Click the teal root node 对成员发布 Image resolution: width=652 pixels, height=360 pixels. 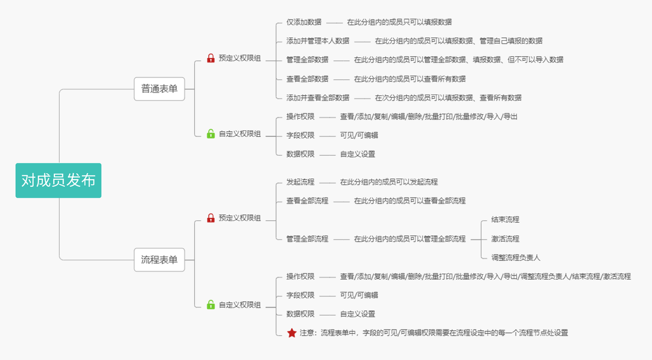coord(59,180)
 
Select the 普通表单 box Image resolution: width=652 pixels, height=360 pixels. coord(159,89)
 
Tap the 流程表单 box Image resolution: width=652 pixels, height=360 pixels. coord(159,260)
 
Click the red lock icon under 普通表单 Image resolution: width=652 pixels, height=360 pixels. coord(211,58)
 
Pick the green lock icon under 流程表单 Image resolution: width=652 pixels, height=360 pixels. coord(211,305)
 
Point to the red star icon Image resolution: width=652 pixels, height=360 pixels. coord(292,333)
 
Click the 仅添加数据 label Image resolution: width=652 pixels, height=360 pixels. coord(304,22)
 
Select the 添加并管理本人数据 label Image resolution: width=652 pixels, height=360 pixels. coord(318,41)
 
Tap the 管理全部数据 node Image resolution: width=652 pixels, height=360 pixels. coord(308,60)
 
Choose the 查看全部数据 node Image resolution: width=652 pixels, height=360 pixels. coord(308,79)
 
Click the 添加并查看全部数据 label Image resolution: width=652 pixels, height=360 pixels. coord(318,98)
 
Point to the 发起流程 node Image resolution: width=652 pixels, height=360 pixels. coord(300,182)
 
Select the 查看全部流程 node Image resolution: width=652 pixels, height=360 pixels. coord(308,201)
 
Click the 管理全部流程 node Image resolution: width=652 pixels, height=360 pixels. coord(308,239)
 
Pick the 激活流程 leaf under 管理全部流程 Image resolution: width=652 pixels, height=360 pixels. coord(505,239)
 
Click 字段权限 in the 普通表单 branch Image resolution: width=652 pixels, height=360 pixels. coord(300,135)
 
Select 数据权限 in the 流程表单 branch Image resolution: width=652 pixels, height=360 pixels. coord(300,314)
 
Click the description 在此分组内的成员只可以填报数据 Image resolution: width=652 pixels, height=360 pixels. coord(399,22)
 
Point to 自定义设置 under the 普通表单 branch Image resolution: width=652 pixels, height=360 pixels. coord(358,154)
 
